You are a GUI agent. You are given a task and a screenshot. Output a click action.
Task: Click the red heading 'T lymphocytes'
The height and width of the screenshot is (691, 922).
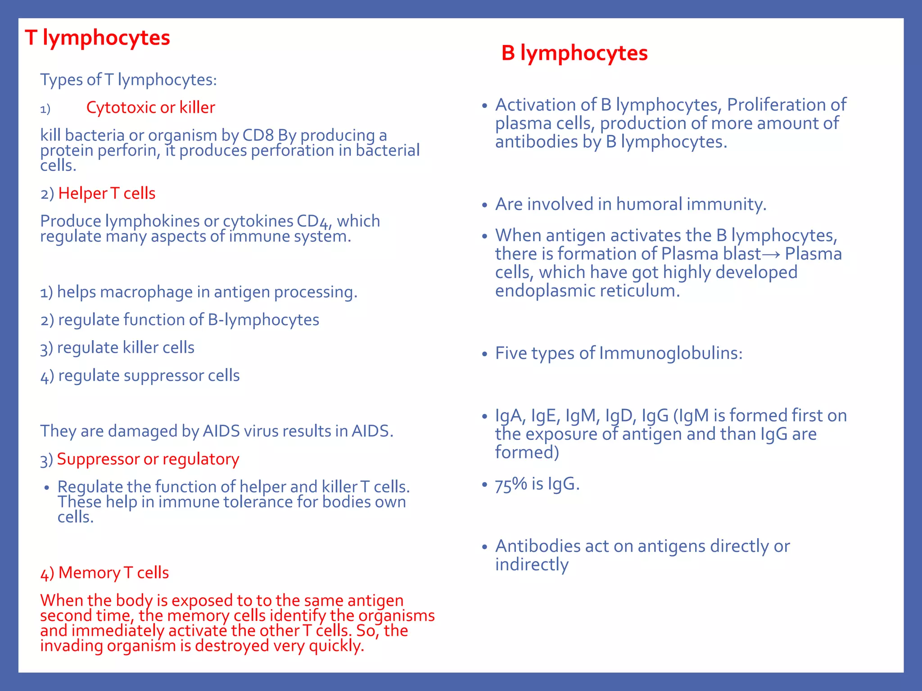(97, 38)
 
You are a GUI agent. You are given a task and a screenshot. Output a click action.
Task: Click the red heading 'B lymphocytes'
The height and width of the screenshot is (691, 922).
(574, 53)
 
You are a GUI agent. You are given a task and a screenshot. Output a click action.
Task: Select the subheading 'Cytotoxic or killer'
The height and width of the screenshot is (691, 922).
(150, 108)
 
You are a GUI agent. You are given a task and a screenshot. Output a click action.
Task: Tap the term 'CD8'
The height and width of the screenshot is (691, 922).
(258, 135)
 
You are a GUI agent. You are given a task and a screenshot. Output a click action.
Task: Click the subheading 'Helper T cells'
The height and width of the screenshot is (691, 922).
(107, 193)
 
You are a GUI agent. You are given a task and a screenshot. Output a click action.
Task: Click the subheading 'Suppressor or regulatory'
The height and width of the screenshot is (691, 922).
(148, 459)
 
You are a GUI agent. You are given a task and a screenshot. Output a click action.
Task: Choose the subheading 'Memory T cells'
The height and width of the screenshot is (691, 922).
(113, 573)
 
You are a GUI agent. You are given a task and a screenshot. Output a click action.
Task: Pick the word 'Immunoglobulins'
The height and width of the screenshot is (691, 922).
(670, 353)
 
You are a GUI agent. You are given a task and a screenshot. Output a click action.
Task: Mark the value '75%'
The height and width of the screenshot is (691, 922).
(511, 485)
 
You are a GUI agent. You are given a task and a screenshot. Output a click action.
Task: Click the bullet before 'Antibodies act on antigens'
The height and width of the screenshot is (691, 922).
(484, 547)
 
